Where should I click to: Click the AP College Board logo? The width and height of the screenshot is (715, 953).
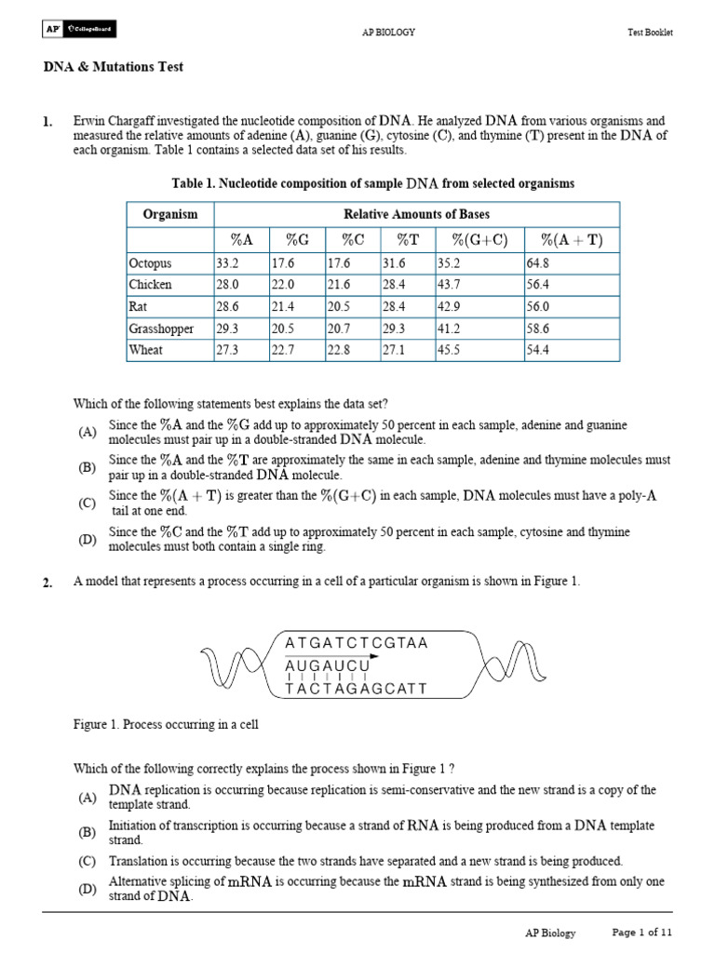click(77, 30)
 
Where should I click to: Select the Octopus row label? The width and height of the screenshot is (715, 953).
click(150, 263)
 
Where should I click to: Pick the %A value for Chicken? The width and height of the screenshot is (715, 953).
click(228, 285)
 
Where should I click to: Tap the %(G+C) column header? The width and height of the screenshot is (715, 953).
click(479, 240)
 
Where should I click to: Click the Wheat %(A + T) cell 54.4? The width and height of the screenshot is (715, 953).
click(540, 350)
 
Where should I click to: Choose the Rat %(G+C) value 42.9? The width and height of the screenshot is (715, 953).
click(450, 306)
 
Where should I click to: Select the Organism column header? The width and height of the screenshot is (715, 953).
click(169, 214)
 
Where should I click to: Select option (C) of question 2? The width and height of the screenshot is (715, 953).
click(88, 862)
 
